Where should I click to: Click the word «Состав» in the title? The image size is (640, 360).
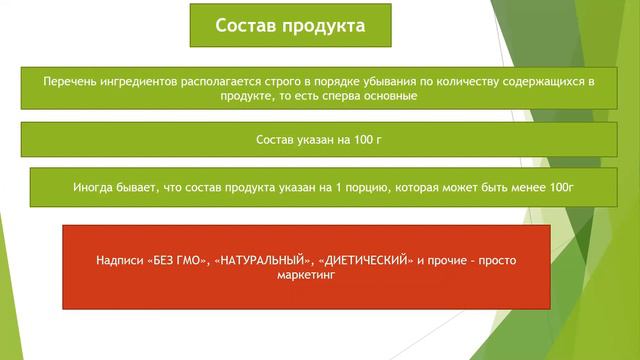pos(245,25)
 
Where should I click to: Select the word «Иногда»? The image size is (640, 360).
pos(94,187)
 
